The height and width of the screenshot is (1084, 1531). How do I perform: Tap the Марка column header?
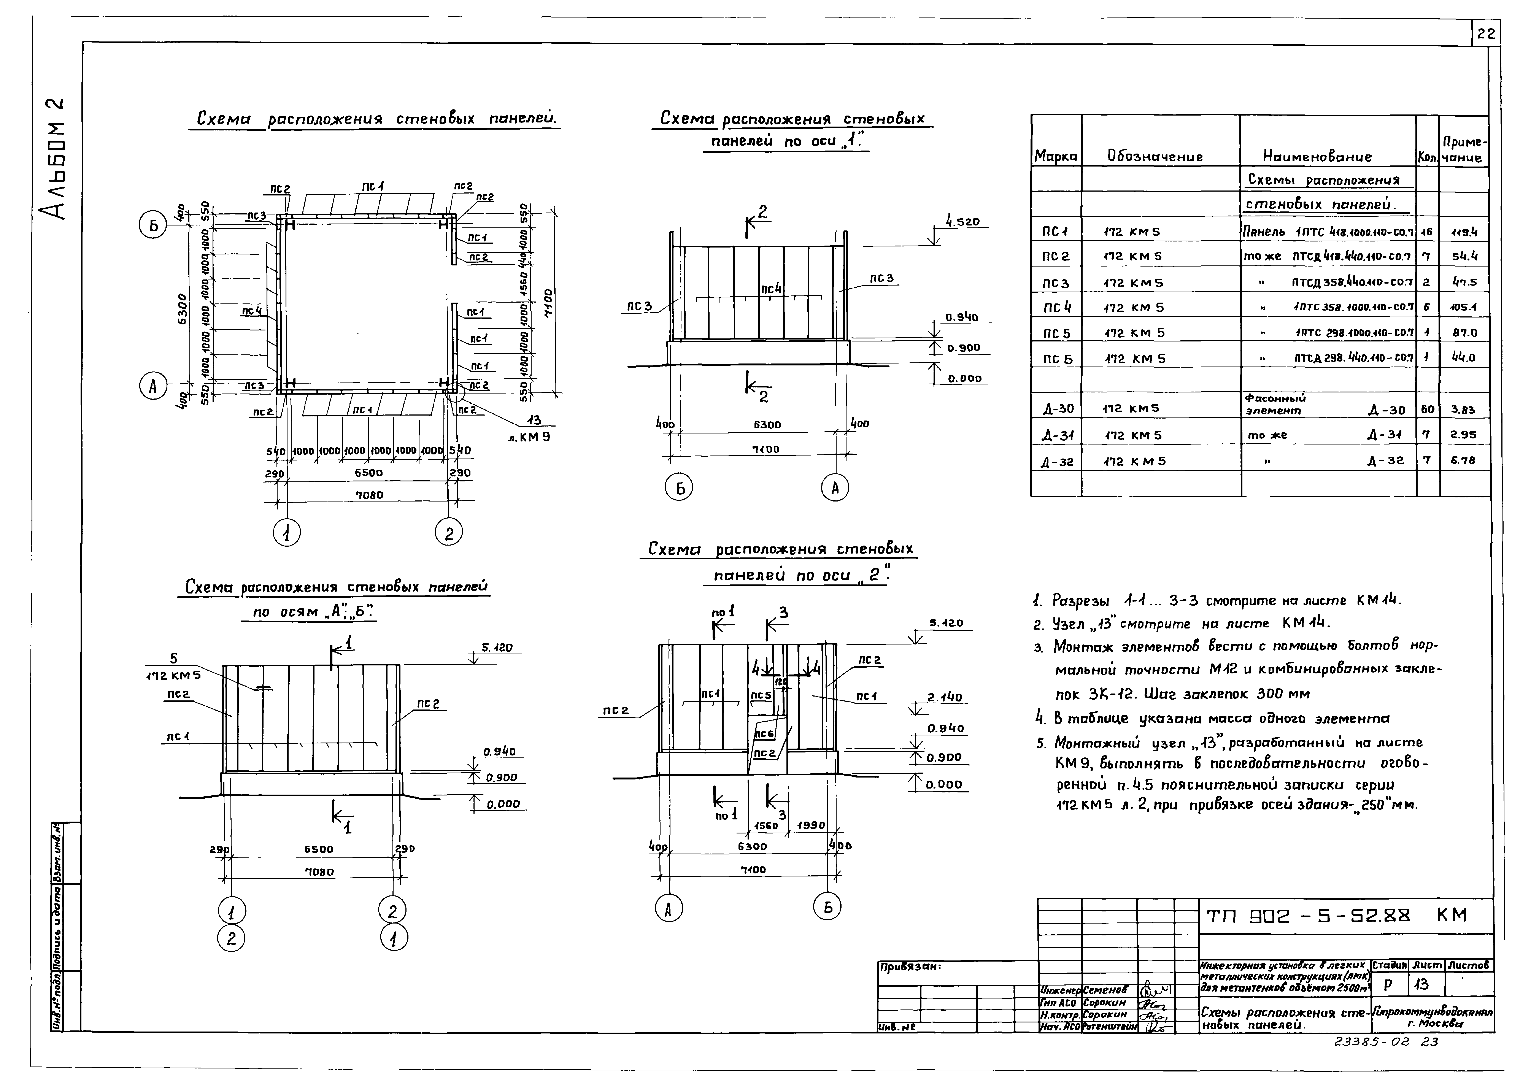tap(1055, 157)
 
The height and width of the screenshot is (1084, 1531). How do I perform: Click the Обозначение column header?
tap(1155, 157)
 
